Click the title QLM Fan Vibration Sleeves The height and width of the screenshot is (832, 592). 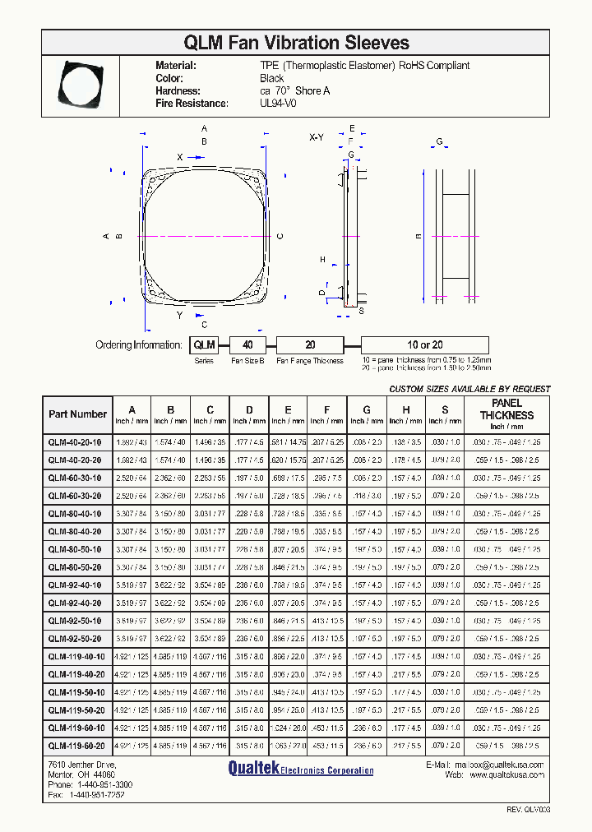click(x=296, y=43)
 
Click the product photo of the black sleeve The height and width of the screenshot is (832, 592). click(x=81, y=83)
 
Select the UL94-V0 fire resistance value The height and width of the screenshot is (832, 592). click(x=278, y=104)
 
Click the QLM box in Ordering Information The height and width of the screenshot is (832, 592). click(x=204, y=345)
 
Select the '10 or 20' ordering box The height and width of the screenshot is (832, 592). click(x=424, y=345)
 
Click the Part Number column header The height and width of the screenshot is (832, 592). click(x=77, y=414)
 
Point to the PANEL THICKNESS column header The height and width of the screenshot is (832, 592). click(x=507, y=409)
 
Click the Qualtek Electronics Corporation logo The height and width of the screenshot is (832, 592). click(x=300, y=770)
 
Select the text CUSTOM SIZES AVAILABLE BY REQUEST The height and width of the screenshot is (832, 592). click(x=469, y=389)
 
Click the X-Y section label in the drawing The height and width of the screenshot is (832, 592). click(x=317, y=137)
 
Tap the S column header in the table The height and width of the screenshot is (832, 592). click(x=445, y=409)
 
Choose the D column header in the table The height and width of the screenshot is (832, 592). click(x=248, y=409)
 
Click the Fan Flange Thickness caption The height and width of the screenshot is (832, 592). click(x=310, y=361)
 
